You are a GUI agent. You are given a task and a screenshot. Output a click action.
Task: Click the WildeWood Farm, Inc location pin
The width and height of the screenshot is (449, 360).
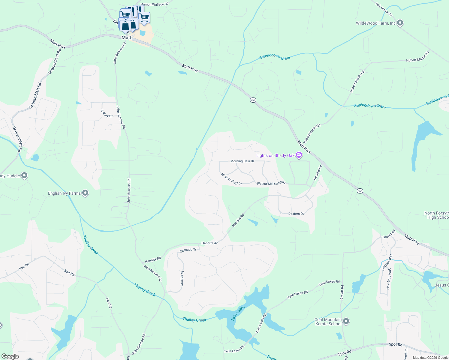click(400, 23)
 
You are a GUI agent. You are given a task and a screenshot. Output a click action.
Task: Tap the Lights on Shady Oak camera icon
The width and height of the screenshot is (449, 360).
click(299, 155)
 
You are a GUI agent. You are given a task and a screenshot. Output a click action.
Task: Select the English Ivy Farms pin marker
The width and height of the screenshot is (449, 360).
click(85, 193)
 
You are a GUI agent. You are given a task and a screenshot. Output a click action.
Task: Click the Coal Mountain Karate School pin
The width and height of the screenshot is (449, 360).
click(346, 322)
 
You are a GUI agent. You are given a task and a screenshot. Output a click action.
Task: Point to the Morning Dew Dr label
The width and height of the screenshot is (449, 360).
click(242, 161)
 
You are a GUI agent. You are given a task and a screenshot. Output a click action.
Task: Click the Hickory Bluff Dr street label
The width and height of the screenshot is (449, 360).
click(231, 179)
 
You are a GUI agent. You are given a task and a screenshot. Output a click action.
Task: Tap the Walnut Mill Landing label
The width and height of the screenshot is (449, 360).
click(271, 183)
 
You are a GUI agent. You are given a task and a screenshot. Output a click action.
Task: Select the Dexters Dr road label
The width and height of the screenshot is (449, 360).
click(296, 214)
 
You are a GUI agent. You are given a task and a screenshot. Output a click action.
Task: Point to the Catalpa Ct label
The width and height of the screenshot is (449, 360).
click(182, 278)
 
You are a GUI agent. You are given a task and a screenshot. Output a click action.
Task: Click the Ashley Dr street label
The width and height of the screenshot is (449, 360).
click(107, 114)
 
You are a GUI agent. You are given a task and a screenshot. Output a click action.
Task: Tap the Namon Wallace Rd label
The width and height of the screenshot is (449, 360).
click(155, 4)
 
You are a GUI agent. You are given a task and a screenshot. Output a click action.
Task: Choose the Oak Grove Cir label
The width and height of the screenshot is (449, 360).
click(384, 9)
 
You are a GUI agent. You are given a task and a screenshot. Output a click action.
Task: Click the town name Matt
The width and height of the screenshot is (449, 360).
click(126, 37)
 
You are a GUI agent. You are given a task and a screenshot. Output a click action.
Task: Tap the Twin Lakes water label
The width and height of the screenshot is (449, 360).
click(238, 313)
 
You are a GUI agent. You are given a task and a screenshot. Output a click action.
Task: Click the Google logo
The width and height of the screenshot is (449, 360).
click(10, 356)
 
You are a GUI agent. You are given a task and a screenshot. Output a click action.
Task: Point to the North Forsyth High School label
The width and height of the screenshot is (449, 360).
click(437, 215)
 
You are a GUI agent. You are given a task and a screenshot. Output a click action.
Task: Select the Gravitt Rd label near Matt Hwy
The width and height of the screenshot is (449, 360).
click(389, 235)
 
